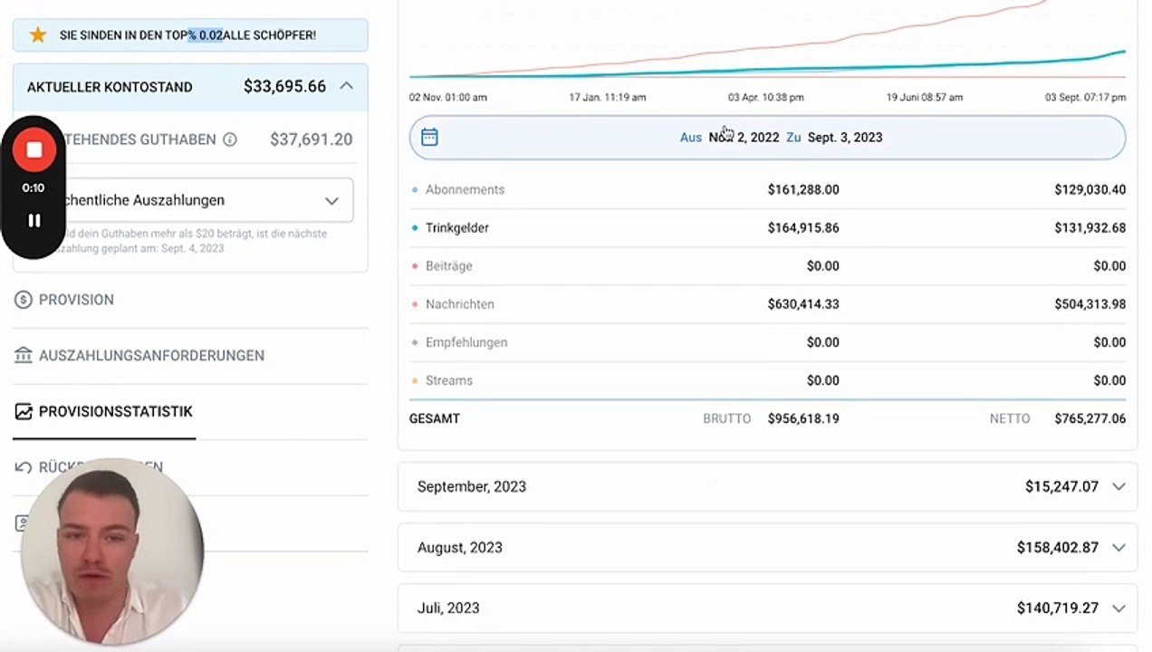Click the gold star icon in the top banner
[x=37, y=35]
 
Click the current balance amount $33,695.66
[x=284, y=87]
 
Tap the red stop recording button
[x=34, y=150]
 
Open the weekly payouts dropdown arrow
[x=331, y=200]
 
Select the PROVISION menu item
[x=76, y=300]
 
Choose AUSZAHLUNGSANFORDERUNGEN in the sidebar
[x=151, y=356]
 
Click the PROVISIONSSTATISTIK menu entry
[x=115, y=411]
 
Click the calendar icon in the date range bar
[x=430, y=138]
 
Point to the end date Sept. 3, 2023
[x=845, y=138]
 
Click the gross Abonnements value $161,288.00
[x=803, y=190]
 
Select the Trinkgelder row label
[x=456, y=228]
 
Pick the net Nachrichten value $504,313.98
[x=1090, y=304]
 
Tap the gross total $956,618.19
[x=803, y=419]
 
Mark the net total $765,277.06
[x=1090, y=419]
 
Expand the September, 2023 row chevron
[x=1118, y=486]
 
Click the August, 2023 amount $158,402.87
[x=1057, y=548]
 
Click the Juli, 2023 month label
[x=448, y=609]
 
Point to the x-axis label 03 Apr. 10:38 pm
[x=765, y=98]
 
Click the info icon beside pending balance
[x=230, y=139]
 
